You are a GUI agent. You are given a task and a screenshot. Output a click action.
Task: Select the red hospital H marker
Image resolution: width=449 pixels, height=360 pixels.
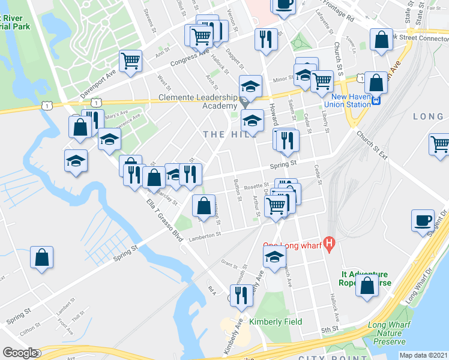pos(328,244)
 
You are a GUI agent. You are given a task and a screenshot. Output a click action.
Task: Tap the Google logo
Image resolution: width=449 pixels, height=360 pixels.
pos(20,353)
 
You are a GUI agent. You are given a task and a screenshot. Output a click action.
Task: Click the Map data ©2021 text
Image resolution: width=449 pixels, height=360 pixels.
pos(423,355)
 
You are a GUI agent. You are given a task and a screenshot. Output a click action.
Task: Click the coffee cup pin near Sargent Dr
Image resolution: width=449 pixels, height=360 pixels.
pos(423,220)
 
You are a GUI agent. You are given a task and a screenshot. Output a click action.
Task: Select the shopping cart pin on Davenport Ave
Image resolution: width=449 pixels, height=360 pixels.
pos(130,61)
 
